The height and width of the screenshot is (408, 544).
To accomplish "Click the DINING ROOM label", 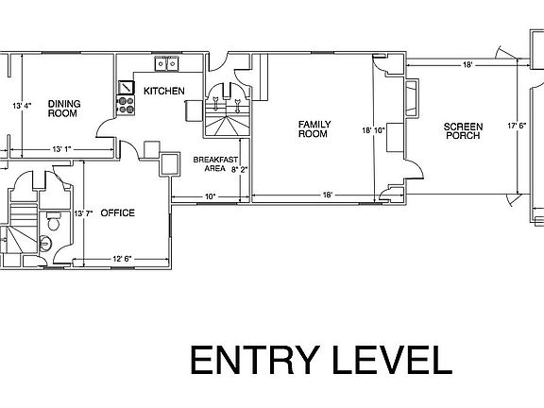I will click(63, 108).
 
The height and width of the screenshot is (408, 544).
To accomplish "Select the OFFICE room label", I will click(118, 212).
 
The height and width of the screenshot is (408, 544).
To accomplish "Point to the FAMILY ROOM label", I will click(313, 129).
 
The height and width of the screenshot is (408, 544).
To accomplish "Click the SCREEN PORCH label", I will click(462, 130).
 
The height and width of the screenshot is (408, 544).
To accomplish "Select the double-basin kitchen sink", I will click(167, 63).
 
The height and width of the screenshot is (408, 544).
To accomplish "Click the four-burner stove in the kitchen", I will click(126, 93).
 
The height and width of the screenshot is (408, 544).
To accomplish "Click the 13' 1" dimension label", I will click(62, 148).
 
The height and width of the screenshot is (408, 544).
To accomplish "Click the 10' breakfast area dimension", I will click(210, 196).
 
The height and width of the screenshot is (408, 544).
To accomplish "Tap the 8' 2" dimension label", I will click(240, 170).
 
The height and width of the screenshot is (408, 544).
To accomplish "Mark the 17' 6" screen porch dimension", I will click(518, 125).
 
